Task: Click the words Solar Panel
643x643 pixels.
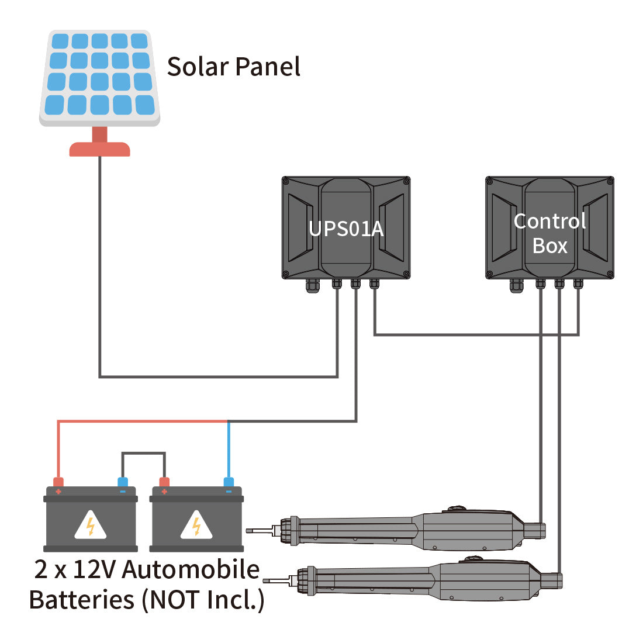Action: pos(234,67)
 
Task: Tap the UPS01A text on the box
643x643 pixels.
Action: pos(346,229)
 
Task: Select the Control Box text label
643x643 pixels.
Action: pos(549,233)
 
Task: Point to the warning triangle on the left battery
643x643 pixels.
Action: pos(91,526)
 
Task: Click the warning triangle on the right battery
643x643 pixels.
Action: pos(196,526)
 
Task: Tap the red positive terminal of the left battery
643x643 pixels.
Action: pos(58,482)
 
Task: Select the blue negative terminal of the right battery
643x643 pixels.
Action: pos(229,482)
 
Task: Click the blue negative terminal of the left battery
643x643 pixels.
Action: pos(123,482)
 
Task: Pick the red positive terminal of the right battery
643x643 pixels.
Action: pos(164,482)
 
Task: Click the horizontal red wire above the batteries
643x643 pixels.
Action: pos(140,421)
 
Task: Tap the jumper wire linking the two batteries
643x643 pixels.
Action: pos(143,453)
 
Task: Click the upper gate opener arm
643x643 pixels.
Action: pos(409,531)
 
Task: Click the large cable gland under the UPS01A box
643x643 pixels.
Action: pos(313,286)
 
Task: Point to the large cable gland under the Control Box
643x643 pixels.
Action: pos(517,286)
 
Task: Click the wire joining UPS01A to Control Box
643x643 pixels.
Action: pos(476,334)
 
